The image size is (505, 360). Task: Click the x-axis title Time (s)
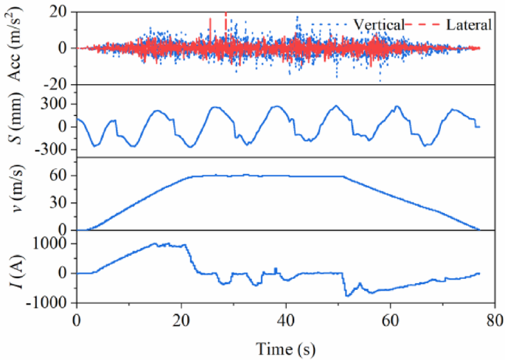tap(287, 347)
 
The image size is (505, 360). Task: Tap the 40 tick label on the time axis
tap(286, 319)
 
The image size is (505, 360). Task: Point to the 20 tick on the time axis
tap(181, 319)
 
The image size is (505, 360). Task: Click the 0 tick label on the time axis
tap(77, 319)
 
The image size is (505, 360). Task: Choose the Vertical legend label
tap(379, 24)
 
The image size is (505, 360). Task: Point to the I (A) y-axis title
tap(15, 271)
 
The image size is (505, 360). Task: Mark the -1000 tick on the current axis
tap(52, 303)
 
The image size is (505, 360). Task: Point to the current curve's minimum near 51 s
tap(346, 296)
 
